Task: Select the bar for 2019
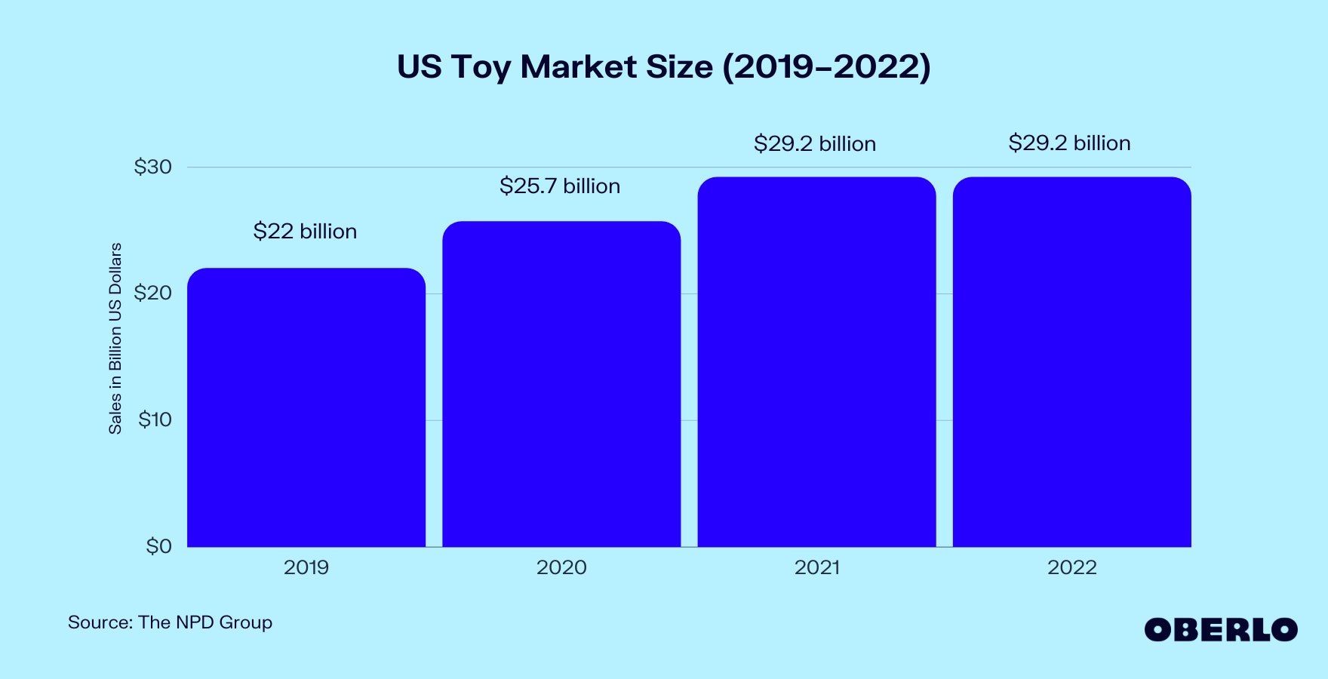pos(306,407)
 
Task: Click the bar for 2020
pos(561,384)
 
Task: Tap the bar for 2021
pos(816,362)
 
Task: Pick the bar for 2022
pos(1071,362)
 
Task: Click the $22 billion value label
pos(305,231)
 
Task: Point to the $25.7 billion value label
pos(560,186)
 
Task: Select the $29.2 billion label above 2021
pos(815,143)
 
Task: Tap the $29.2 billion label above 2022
pos(1069,143)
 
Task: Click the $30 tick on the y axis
pos(153,167)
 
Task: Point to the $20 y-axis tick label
pos(153,293)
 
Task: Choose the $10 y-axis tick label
pos(155,419)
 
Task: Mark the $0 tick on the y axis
pos(159,546)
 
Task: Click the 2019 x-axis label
pos(306,567)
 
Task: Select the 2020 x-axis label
pos(561,567)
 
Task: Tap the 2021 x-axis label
pos(816,567)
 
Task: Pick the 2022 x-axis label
pos(1071,567)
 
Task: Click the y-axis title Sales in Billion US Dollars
pos(115,338)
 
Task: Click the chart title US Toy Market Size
pos(664,66)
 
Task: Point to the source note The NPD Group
pos(170,622)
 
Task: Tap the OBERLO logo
pos(1221,630)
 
